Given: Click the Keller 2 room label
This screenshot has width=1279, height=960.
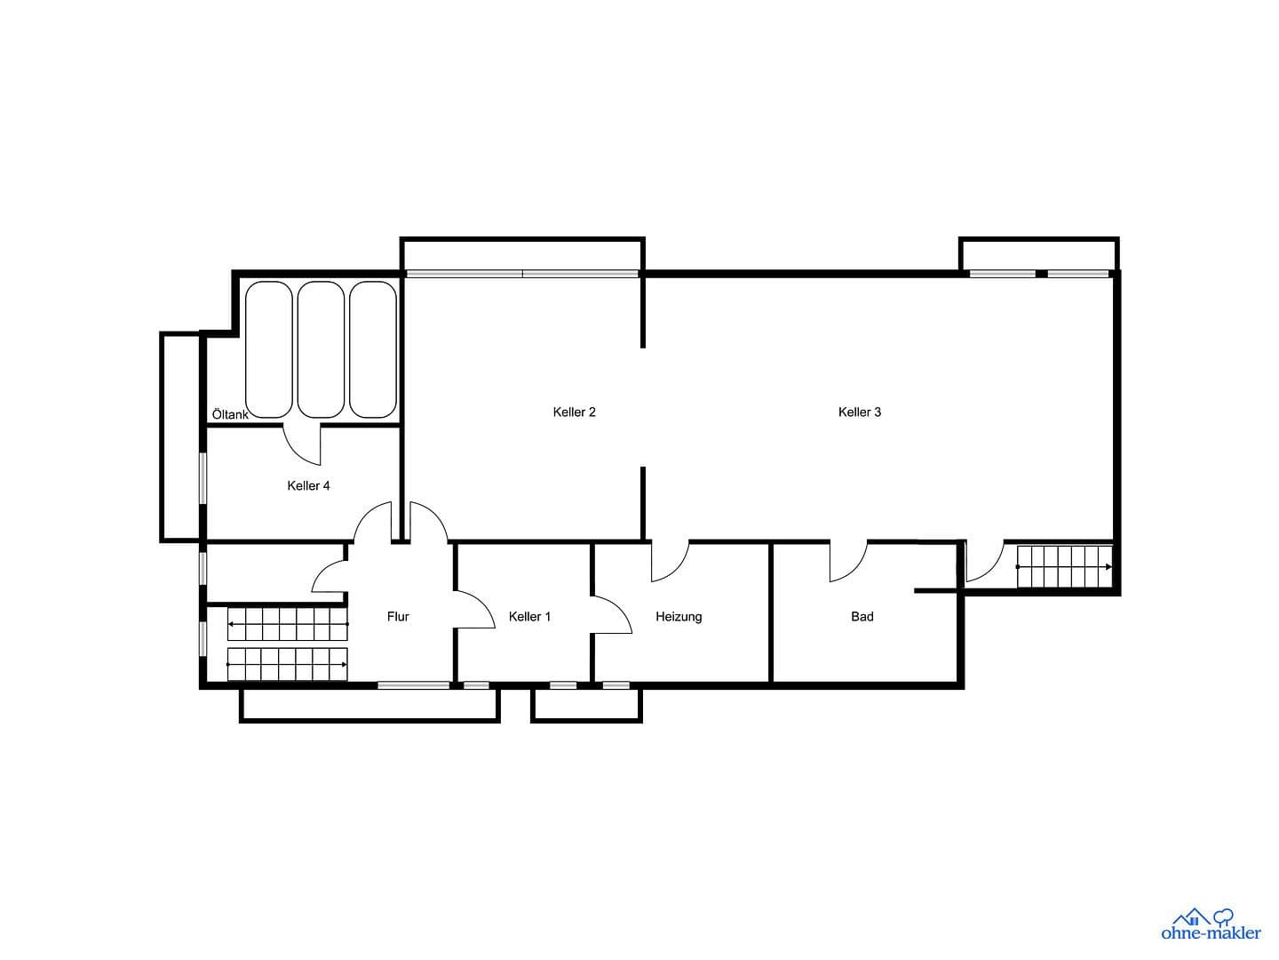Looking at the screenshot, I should pos(574,412).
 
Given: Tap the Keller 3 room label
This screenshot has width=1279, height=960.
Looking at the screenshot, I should pos(859,412).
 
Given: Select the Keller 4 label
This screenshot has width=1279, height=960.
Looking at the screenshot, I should pos(308,485).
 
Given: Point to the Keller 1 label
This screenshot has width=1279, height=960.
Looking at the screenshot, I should pos(529,616).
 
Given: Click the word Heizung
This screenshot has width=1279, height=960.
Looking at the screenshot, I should pos(679,616).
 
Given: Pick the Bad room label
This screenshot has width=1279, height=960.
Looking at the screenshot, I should pos(862,616).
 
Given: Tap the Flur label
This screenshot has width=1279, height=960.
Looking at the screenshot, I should pos(398,616).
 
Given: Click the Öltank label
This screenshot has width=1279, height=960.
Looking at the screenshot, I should pos(230,414).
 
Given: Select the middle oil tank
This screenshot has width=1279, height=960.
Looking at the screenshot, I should pos(321,349).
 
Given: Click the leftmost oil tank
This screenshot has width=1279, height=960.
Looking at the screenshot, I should pos(269,349).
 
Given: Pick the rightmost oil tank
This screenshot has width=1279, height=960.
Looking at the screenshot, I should pos(373,349).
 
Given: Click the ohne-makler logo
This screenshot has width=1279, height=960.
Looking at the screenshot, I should pos(1211,924).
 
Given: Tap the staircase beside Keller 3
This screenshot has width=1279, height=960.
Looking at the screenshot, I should pos(1063,567).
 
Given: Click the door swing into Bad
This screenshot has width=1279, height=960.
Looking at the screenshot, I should pos(847,562).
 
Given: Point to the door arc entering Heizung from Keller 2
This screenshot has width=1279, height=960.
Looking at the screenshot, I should pos(670,562).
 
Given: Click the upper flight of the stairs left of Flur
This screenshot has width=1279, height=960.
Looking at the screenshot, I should pos(287,624).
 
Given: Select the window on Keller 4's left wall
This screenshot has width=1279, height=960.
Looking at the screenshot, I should pos(203,479).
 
